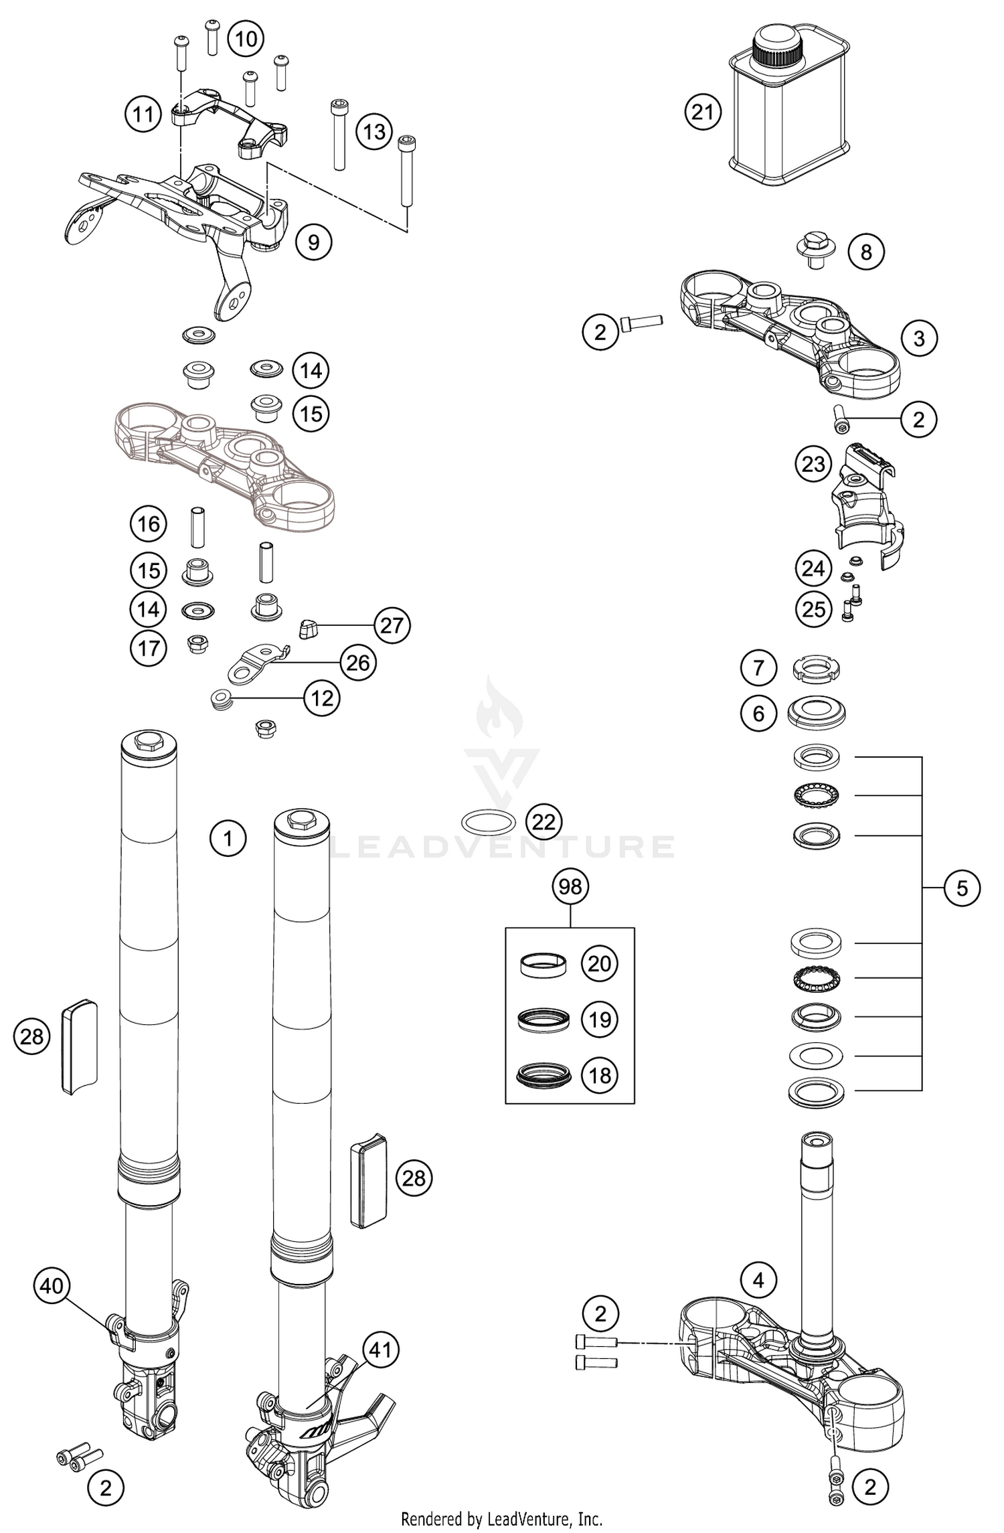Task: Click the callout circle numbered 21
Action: coord(703,112)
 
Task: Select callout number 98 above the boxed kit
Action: coord(570,886)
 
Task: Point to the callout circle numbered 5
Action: coord(962,888)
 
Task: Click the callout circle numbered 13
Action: coord(373,131)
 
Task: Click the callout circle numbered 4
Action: coord(758,1281)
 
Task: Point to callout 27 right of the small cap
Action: coord(392,625)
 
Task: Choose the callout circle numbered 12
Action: coord(322,699)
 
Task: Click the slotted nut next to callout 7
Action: coord(816,669)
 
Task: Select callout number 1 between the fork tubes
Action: coord(228,837)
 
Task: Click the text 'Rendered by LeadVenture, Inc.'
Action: coord(501,1518)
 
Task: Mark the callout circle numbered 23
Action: coord(813,464)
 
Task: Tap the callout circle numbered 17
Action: coord(149,648)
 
